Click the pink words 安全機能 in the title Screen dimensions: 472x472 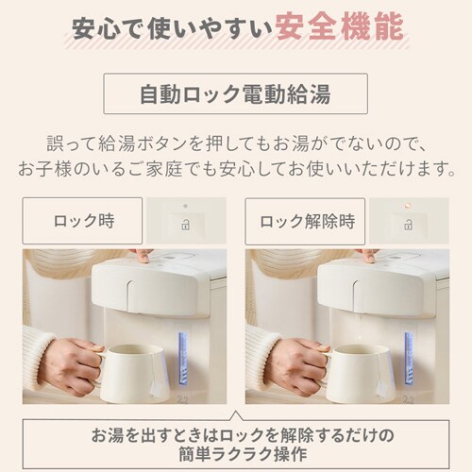click(x=340, y=26)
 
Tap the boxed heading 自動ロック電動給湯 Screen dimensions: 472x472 click(x=235, y=93)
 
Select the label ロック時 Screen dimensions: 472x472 click(x=84, y=221)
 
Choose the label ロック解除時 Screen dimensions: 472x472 click(x=307, y=221)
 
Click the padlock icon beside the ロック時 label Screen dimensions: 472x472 click(x=186, y=225)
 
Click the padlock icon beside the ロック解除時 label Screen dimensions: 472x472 click(x=409, y=225)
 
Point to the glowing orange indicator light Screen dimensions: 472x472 click(x=408, y=206)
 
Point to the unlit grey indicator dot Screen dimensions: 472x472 click(x=185, y=206)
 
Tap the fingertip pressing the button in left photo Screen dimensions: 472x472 click(x=144, y=259)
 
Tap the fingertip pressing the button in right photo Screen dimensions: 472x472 click(x=370, y=259)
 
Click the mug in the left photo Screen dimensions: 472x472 click(x=134, y=373)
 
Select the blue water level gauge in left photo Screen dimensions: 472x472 click(x=183, y=358)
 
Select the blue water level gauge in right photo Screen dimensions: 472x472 click(x=409, y=358)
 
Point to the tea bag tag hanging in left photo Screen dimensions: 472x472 click(x=156, y=389)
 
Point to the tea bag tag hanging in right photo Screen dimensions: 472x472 click(x=381, y=389)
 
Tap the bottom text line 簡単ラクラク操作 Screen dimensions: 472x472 click(x=243, y=454)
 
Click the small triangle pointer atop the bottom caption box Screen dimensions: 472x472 click(x=236, y=416)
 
